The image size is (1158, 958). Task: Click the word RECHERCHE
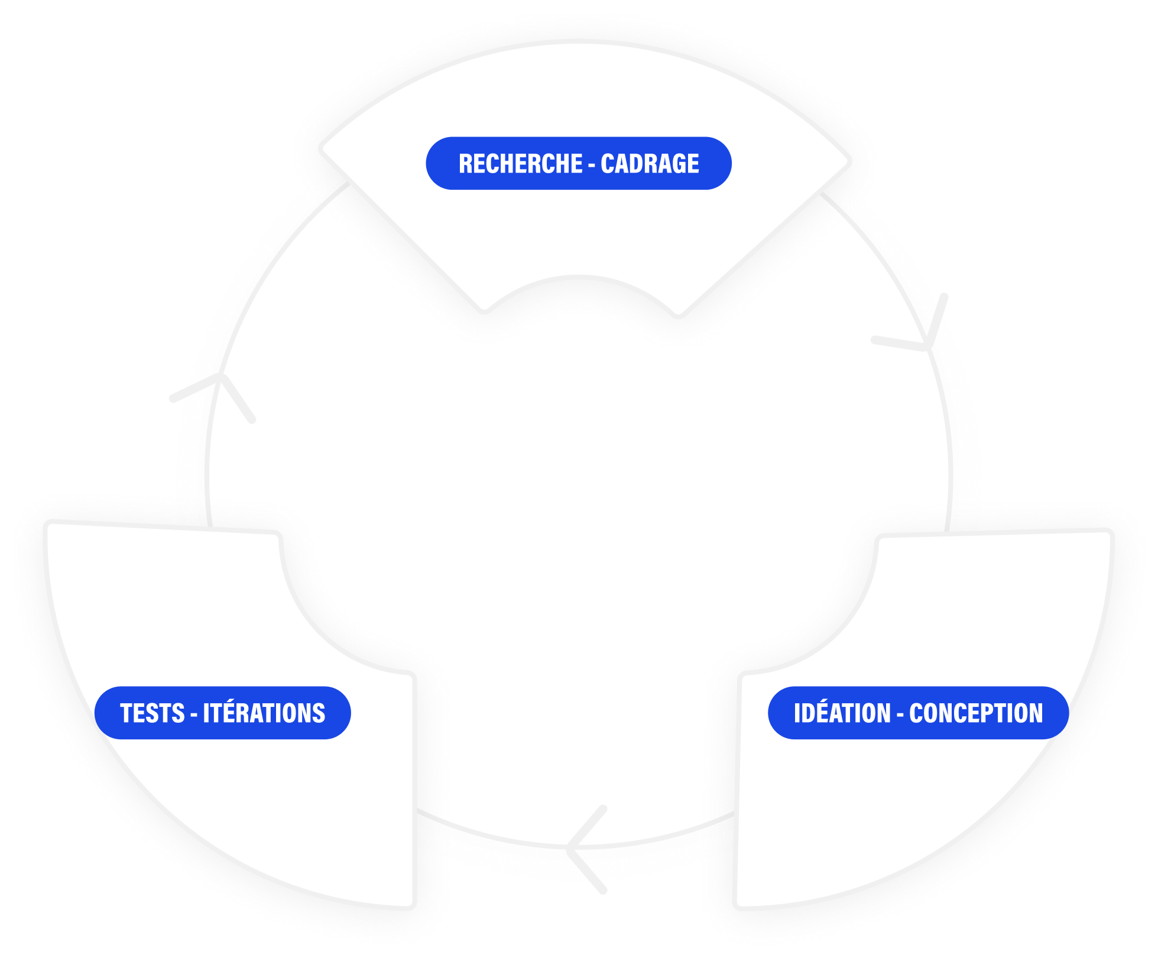[520, 164]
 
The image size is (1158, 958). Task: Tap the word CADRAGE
[650, 164]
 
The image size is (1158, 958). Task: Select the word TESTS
[153, 713]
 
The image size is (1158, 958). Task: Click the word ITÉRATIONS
[264, 713]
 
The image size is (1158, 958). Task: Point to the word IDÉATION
[842, 713]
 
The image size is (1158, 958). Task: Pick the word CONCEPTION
[976, 713]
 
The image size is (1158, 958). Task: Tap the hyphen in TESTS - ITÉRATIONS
[194, 715]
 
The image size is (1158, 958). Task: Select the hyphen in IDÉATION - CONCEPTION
[900, 715]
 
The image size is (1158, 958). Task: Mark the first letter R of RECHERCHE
[466, 164]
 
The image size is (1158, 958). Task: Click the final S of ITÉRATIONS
[319, 713]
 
